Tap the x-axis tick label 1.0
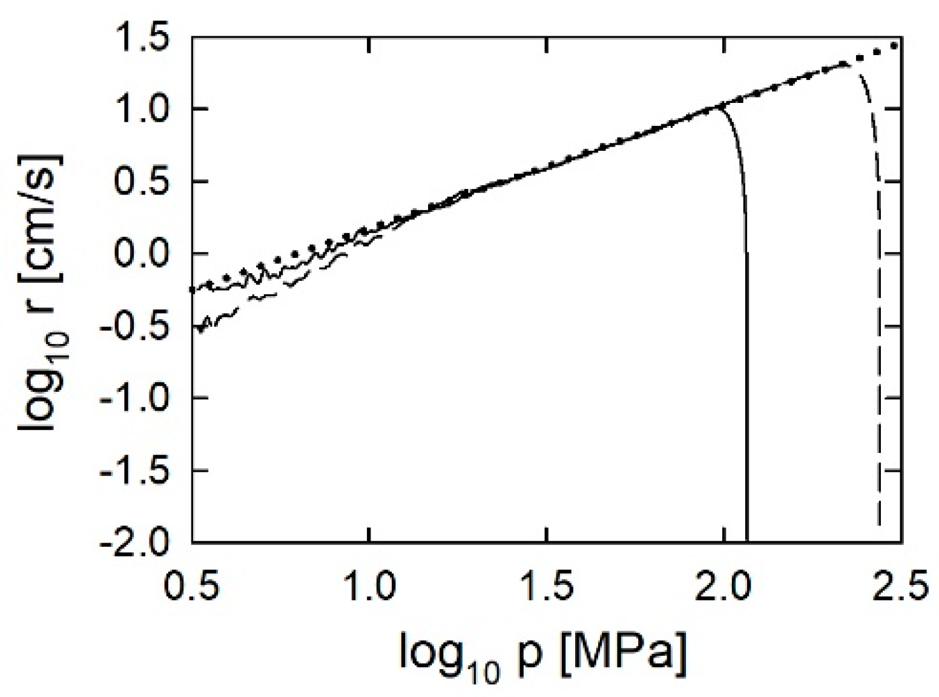370,585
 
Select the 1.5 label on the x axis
547,585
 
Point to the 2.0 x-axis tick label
725,585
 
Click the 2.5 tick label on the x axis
901,585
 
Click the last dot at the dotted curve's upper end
894,45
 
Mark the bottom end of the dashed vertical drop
879,524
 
